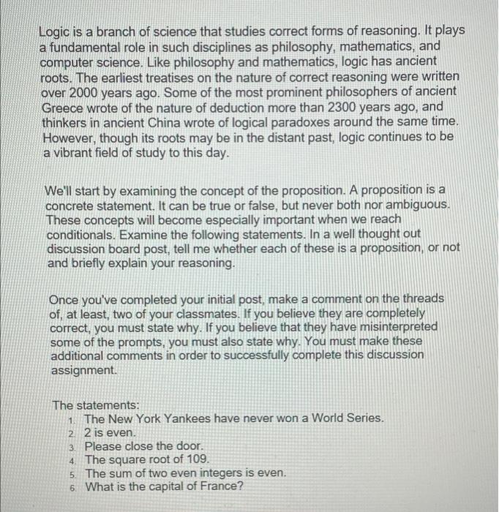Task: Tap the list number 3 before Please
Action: [x=72, y=447]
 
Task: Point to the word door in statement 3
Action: [x=187, y=446]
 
